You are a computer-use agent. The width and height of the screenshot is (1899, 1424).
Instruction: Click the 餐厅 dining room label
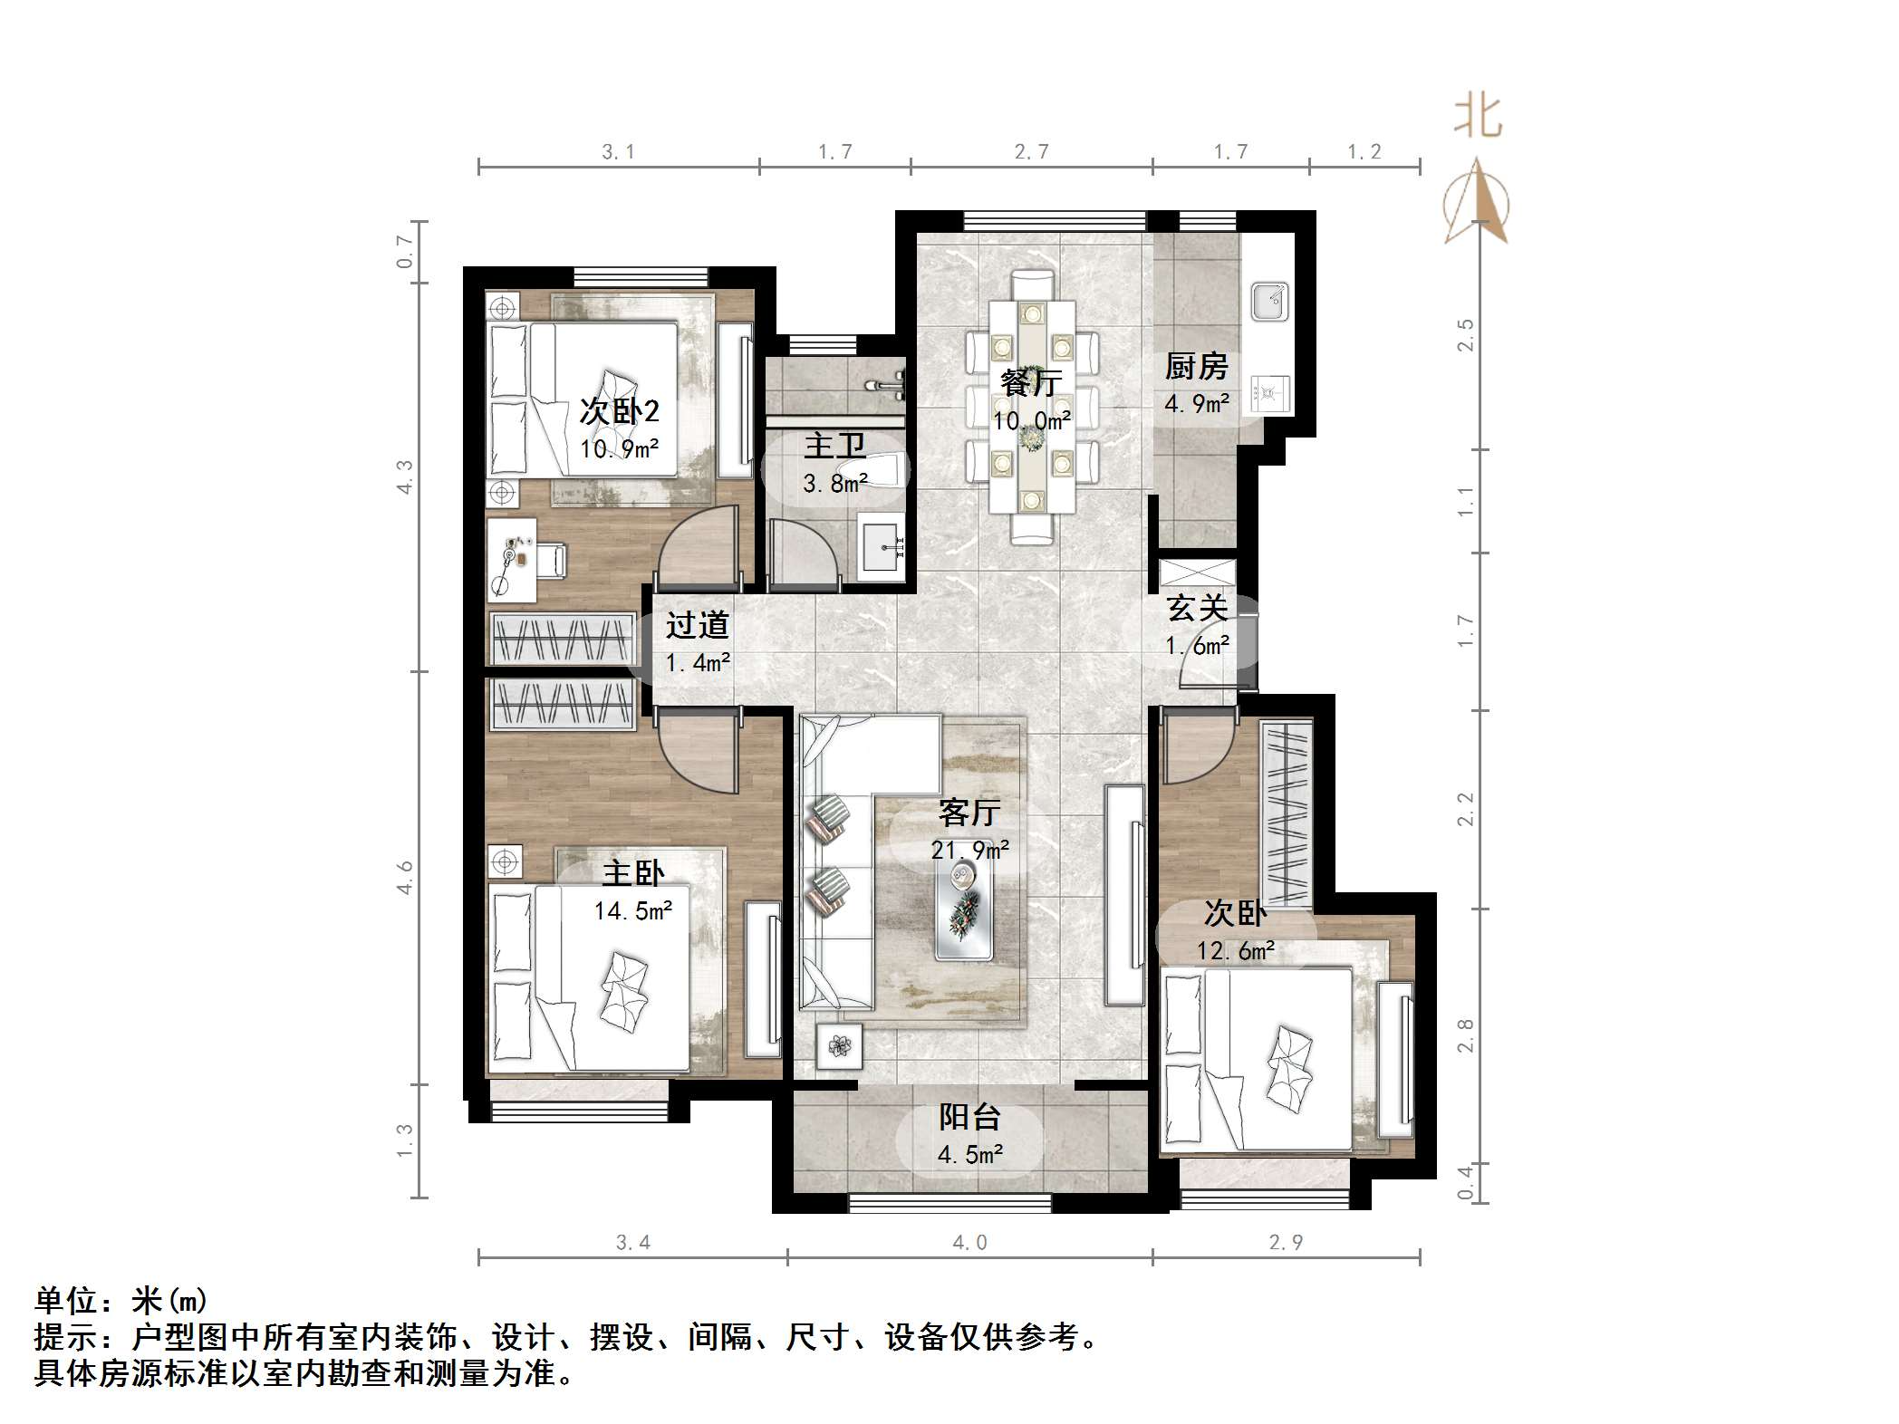pos(1031,382)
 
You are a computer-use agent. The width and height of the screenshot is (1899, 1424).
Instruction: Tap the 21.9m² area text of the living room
pos(969,851)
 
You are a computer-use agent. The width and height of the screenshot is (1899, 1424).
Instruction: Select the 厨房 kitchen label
pos(1196,367)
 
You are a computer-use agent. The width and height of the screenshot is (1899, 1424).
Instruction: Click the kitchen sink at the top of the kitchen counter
pos(1269,302)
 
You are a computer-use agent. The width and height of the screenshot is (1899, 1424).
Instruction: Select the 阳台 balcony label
pos(969,1117)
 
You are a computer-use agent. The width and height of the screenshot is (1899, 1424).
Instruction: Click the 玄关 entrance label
pos(1197,608)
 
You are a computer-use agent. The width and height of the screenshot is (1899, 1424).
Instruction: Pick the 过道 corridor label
pos(697,625)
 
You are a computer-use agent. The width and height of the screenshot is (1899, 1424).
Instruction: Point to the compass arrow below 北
pos(1477,204)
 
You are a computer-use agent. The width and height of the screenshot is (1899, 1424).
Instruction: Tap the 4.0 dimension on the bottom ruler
pos(969,1243)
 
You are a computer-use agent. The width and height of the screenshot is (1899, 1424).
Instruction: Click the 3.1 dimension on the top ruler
pos(618,152)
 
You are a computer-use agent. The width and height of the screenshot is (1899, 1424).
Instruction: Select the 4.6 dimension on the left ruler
pos(405,877)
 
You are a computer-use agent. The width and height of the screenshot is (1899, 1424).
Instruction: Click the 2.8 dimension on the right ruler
pos(1465,1035)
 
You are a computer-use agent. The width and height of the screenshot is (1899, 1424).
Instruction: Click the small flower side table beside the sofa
pos(840,1046)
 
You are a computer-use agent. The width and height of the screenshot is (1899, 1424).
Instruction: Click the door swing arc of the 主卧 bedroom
pos(693,756)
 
